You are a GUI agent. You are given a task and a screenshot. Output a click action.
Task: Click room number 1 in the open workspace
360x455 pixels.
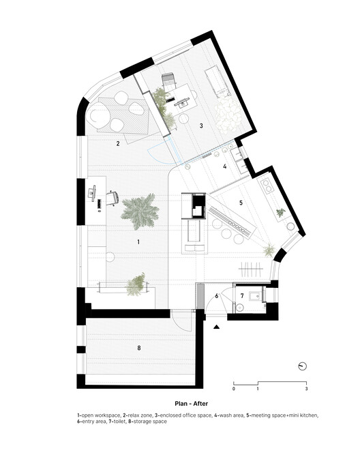(x=138, y=243)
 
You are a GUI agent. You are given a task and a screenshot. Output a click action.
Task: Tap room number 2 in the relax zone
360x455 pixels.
(x=118, y=144)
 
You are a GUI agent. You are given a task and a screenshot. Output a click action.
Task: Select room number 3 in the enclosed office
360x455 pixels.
(x=201, y=126)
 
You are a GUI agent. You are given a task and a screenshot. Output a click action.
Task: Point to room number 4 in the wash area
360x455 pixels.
(x=224, y=166)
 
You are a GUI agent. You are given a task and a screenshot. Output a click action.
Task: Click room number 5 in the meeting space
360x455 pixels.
(x=240, y=203)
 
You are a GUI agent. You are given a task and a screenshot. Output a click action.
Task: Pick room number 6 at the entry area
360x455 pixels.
(x=217, y=295)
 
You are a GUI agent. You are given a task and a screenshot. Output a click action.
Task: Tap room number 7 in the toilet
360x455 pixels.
(x=242, y=295)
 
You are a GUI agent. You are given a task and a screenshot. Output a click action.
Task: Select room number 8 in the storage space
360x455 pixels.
(x=139, y=348)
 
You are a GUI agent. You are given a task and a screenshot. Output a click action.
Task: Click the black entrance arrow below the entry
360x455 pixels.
(x=217, y=328)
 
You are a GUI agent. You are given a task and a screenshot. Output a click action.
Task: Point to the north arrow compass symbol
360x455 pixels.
(x=303, y=366)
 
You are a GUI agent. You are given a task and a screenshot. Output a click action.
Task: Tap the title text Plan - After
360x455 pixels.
(x=180, y=403)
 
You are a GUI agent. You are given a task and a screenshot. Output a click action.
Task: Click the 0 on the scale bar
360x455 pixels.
(x=234, y=389)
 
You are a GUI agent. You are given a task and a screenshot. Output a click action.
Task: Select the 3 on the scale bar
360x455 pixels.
(x=307, y=389)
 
